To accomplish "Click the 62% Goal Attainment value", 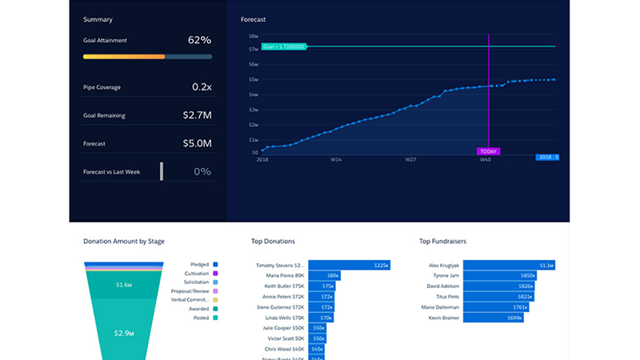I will pos(199,40).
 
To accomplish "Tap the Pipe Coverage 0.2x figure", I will pos(201,86).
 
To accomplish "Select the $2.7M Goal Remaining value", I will pos(196,115).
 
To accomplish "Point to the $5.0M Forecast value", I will pos(196,143).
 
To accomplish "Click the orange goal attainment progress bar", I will pos(124,57).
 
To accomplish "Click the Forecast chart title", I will pos(253,18).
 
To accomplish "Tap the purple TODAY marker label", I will pos(488,150).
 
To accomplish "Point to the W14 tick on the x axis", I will pos(338,160).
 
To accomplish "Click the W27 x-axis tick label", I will pos(410,160).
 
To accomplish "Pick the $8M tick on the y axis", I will pos(253,36).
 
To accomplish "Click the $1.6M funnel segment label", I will pos(123,285).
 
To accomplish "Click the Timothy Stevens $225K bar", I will pos(349,265).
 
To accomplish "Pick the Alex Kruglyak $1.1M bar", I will pos(510,265).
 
